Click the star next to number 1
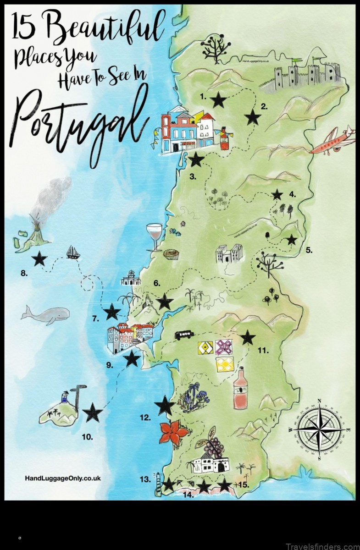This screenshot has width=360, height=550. click(x=218, y=99)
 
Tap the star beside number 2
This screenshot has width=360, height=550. click(x=252, y=117)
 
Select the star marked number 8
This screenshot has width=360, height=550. click(x=39, y=259)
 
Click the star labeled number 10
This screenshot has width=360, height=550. click(x=93, y=413)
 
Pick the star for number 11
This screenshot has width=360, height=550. click(x=248, y=338)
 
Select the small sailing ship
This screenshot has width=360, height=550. click(x=73, y=252)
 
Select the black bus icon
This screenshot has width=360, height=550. click(x=183, y=335)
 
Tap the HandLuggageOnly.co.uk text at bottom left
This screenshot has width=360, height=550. click(x=62, y=478)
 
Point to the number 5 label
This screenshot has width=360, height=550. click(x=309, y=250)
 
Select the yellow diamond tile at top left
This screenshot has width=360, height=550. click(x=205, y=348)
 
